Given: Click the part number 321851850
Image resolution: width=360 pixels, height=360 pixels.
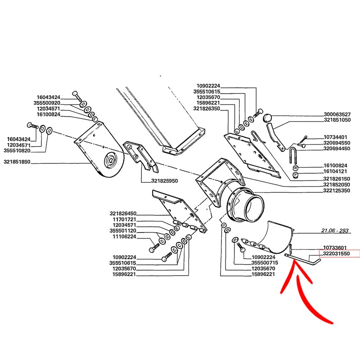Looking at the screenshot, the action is tap(17, 162).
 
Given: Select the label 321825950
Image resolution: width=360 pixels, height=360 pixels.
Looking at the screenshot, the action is tap(164, 181).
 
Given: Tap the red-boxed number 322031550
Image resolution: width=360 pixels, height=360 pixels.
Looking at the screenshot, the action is tap(336, 254).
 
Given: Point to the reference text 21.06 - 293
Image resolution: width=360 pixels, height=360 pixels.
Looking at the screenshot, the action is tap(335, 230).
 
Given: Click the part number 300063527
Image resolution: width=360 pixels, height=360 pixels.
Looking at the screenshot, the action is tap(337, 114).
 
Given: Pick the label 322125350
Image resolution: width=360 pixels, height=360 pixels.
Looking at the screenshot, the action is tap(337, 190).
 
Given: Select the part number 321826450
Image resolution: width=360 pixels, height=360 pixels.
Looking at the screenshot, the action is tap(123, 213).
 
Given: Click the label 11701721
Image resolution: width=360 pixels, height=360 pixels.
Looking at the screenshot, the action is tap(125, 220).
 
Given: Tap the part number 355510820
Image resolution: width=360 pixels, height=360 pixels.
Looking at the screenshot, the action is tap(17, 151).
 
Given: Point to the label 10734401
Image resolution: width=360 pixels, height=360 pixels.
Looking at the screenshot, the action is tap(335, 137).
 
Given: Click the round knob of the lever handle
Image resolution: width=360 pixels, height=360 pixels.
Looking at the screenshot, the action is tap(267, 118).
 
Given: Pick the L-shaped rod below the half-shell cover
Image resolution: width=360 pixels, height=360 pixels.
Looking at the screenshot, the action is tap(302, 260).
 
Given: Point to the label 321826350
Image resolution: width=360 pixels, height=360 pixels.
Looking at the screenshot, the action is tap(207, 108).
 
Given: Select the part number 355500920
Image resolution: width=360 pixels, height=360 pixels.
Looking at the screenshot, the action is tap(47, 103).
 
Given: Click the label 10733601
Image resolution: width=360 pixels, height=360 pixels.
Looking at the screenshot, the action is tap(335, 248).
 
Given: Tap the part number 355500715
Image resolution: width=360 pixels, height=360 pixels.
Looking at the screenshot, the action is tap(265, 263).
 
